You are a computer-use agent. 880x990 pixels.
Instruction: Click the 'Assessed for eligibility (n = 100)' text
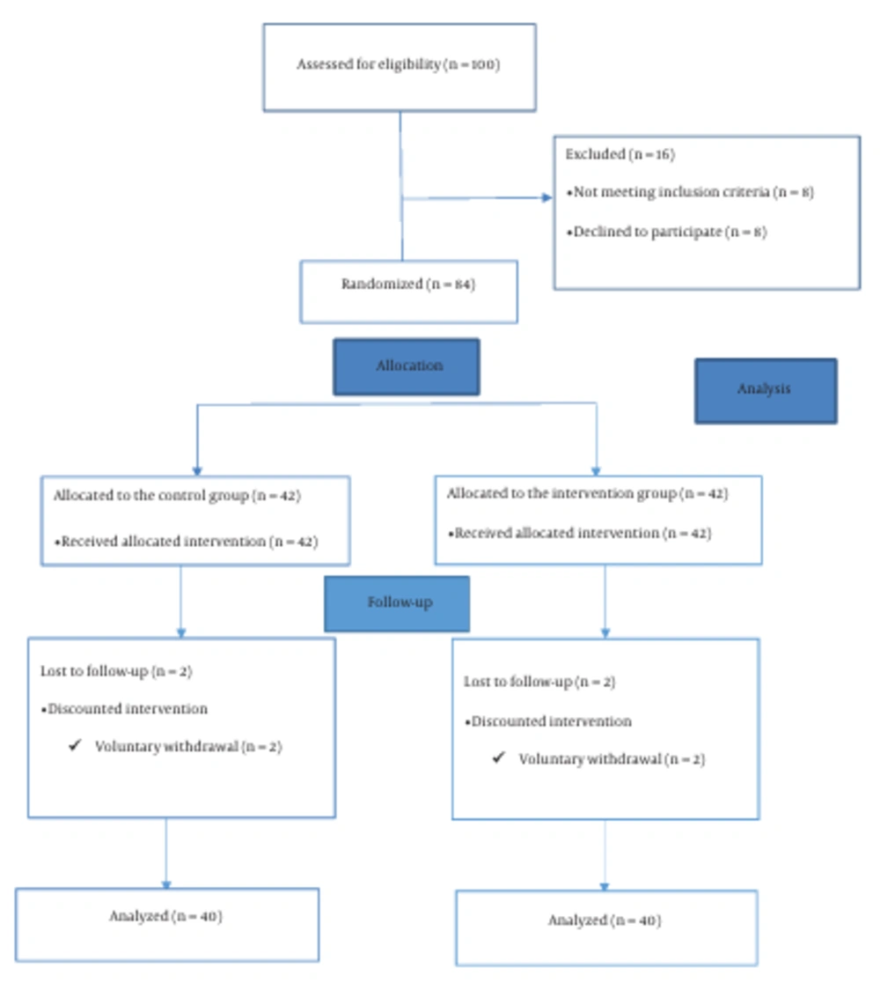(x=399, y=64)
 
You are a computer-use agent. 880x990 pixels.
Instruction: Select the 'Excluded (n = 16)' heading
(x=620, y=154)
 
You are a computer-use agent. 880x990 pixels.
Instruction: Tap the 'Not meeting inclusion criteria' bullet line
(x=690, y=192)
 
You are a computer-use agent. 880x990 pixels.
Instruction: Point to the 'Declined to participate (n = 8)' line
(x=667, y=232)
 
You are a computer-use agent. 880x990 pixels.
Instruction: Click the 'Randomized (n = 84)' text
(x=408, y=284)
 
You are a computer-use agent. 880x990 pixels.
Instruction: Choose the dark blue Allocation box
(x=407, y=366)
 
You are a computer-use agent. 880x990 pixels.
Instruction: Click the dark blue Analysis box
(x=766, y=391)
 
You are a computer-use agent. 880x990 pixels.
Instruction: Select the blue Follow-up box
(x=397, y=603)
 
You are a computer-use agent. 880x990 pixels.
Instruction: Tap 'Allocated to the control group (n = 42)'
(x=177, y=496)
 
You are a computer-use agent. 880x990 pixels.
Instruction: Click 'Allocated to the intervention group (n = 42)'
(x=587, y=494)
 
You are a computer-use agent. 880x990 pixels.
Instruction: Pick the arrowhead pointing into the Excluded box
(x=547, y=197)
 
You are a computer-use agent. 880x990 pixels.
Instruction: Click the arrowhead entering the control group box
(x=197, y=471)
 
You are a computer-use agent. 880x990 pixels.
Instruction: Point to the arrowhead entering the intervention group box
(x=596, y=471)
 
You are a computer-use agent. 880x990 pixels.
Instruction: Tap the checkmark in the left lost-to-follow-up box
(x=75, y=745)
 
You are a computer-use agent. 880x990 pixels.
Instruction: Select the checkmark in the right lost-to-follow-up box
(x=498, y=757)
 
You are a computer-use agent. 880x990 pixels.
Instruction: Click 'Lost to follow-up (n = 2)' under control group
(x=116, y=671)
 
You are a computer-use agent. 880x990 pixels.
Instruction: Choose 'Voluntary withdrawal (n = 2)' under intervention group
(x=612, y=759)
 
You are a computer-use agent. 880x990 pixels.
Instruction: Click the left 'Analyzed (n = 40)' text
(x=166, y=916)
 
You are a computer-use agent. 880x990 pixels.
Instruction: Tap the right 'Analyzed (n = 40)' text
(x=605, y=920)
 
